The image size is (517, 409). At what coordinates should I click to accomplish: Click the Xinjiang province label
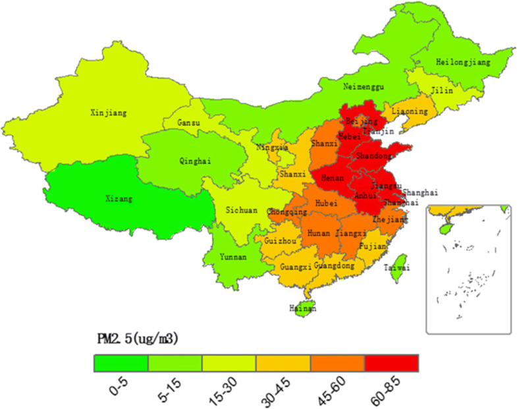[x=108, y=113]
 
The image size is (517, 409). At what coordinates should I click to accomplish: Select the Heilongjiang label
[x=463, y=62]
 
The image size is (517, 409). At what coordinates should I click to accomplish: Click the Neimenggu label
[x=363, y=86]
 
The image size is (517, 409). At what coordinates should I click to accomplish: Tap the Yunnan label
[x=233, y=257]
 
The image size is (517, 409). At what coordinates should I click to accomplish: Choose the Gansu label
[x=189, y=123]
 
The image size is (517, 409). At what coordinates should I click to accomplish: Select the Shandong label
[x=373, y=156]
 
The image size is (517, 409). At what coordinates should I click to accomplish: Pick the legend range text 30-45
[x=284, y=389]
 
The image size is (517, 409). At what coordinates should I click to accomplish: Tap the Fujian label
[x=373, y=246]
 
